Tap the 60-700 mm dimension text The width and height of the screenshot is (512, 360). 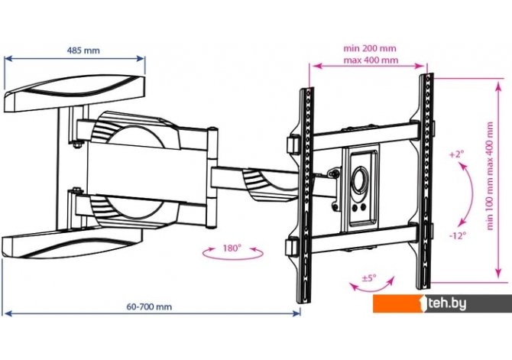pyautogui.click(x=149, y=306)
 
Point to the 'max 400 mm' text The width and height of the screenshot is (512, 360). pyautogui.click(x=371, y=60)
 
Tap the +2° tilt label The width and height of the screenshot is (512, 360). pyautogui.click(x=457, y=154)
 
